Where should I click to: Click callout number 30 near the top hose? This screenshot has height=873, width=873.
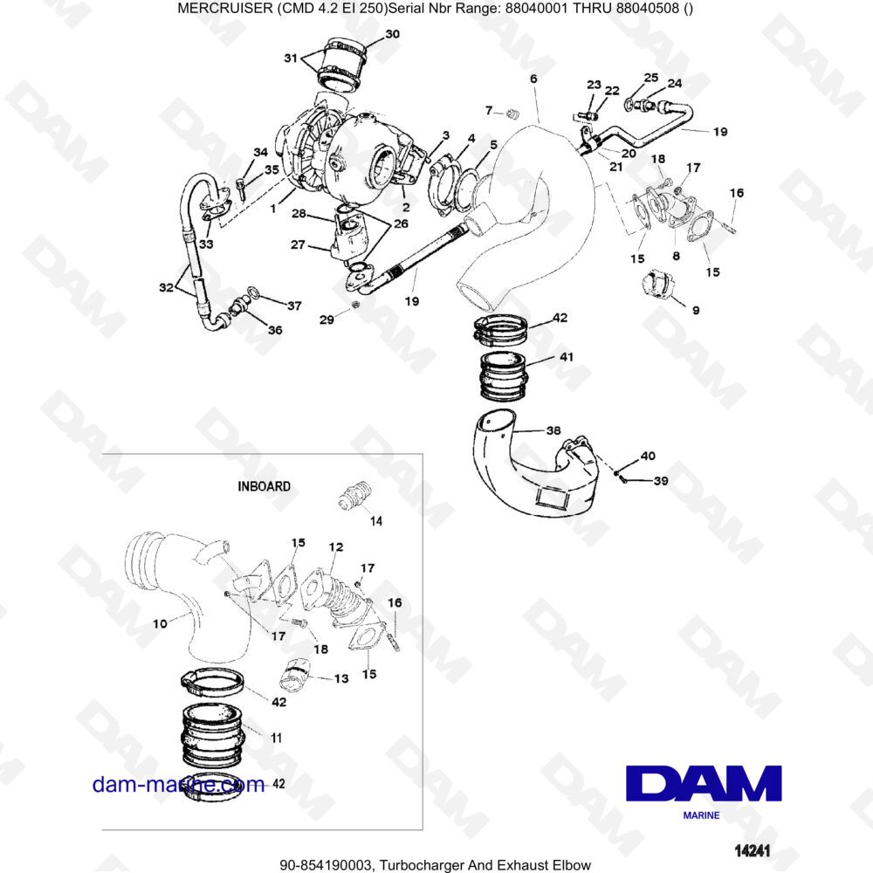pos(392,34)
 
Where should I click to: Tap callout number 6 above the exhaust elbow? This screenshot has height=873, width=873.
pos(533,79)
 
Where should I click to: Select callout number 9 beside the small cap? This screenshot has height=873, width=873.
pos(695,310)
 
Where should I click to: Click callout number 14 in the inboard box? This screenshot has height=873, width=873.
pos(376,521)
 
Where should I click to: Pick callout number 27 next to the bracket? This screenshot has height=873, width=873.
pos(299,245)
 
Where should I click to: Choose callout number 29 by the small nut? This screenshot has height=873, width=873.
pos(326,321)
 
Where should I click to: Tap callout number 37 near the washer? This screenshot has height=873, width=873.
pos(294,306)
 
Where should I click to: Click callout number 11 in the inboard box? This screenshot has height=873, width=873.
pos(276,738)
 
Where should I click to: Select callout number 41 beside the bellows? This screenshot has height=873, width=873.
pos(567,357)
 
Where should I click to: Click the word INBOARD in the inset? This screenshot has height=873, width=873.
pos(265,486)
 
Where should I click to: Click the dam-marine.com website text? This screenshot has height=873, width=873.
pos(178,785)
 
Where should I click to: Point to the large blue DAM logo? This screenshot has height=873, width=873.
pos(703,783)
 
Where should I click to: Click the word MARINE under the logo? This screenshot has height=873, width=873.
pos(701,815)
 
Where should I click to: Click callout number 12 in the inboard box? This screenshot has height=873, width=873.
pos(336,546)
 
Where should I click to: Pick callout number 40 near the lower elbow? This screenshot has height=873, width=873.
pos(648,456)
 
